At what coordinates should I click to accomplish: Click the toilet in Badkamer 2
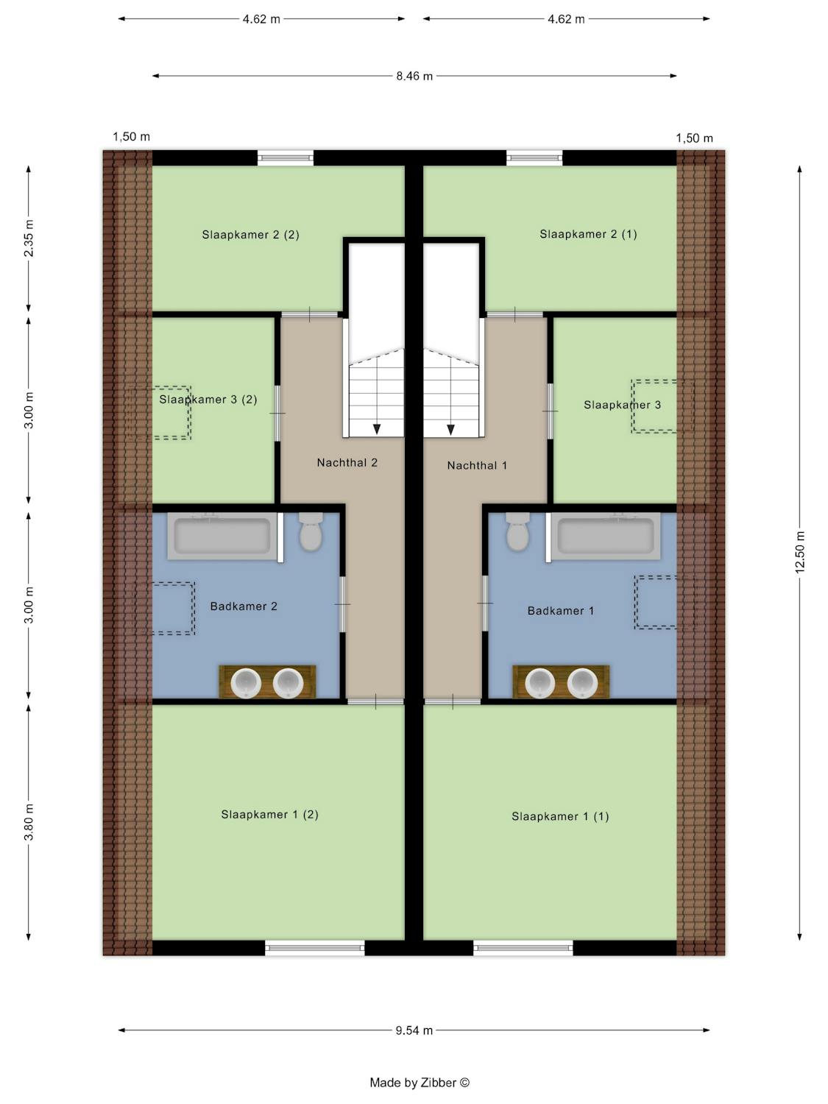pos(311,531)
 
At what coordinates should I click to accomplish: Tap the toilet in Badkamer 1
pos(517,531)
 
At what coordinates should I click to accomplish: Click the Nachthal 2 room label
pos(347,463)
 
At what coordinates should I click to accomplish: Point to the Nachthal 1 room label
pos(477,466)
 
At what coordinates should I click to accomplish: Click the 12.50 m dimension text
pos(800,551)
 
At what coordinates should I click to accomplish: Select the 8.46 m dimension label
pos(414,77)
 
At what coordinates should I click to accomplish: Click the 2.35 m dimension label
pos(29,238)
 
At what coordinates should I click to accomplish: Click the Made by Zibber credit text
pos(420,1083)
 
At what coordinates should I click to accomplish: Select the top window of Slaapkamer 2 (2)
pos(286,158)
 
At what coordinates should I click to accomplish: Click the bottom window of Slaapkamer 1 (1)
pos(523,948)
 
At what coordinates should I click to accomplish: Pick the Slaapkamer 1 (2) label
pos(270,815)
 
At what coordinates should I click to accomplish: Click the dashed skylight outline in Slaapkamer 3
pos(662,406)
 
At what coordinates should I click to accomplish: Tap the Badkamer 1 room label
pos(561,611)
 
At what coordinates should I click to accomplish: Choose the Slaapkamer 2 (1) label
pos(588,234)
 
